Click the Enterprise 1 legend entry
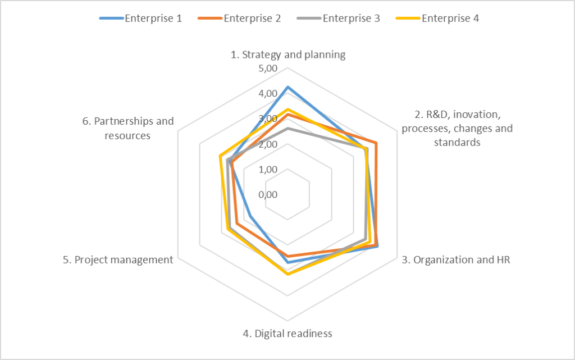click(x=141, y=19)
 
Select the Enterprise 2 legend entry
click(x=239, y=19)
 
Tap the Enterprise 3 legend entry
click(x=339, y=19)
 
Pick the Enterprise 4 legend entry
click(x=437, y=19)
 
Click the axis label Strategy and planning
click(x=288, y=54)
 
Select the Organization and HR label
click(x=456, y=259)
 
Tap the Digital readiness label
click(x=287, y=333)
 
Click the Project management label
click(x=118, y=259)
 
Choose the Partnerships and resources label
click(x=127, y=128)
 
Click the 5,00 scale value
click(x=268, y=69)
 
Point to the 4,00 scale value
click(x=268, y=93)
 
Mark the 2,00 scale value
click(x=268, y=144)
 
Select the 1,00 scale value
click(x=268, y=170)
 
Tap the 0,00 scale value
click(x=268, y=194)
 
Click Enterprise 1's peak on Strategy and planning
click(x=288, y=87)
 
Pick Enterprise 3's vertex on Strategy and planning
click(x=288, y=128)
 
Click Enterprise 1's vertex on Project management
click(x=250, y=216)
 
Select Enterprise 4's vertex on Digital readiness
click(x=288, y=274)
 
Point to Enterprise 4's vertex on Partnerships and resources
click(x=220, y=156)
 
